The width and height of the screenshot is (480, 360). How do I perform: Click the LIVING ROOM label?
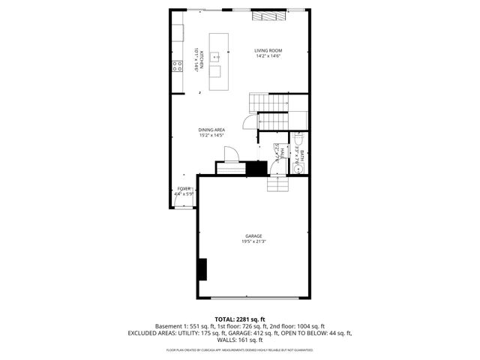click(268, 51)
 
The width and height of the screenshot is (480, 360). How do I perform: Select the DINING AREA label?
click(212, 130)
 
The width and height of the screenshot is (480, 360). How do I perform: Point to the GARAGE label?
click(254, 235)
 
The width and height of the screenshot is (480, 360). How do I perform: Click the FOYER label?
click(184, 189)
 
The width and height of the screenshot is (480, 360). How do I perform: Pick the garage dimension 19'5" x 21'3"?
click(254, 241)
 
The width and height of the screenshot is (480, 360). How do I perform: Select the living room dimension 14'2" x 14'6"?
click(268, 57)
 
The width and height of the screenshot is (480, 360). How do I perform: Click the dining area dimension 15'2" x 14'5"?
click(212, 136)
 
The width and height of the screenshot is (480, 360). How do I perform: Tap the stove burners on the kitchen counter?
click(178, 66)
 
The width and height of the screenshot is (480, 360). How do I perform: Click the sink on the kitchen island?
click(215, 55)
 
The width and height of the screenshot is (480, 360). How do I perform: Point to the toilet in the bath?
click(297, 140)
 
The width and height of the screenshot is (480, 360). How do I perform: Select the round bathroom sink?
click(298, 169)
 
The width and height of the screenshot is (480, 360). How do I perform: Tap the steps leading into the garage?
click(277, 184)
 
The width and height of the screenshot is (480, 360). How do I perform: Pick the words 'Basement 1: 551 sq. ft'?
click(184, 326)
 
